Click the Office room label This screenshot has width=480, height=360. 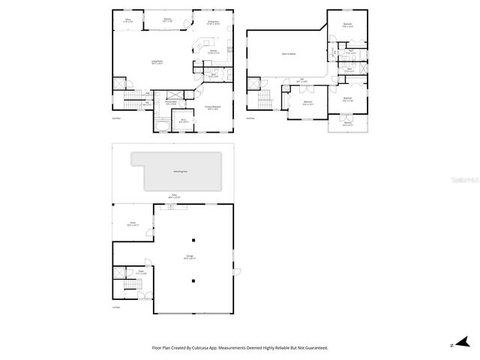coord(127,21)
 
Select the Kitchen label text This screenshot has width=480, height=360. coord(214,52)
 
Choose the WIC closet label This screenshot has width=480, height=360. coord(184,120)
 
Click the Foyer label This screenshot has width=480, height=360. coord(141,272)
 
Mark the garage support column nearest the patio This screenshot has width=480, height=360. coord(193,240)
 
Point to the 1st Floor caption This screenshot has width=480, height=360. coord(116,307)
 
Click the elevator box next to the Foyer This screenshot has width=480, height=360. coord(119,275)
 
